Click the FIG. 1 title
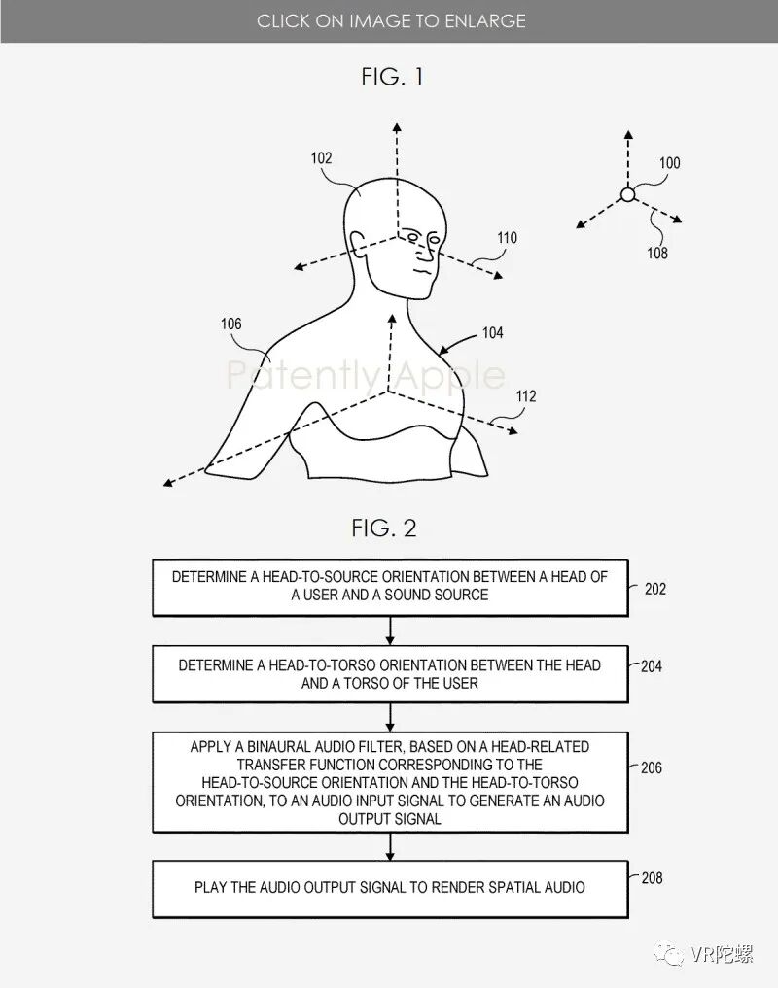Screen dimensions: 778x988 click(392, 76)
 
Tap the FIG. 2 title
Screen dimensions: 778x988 click(384, 528)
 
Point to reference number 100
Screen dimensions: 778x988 click(670, 163)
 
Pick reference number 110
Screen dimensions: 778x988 click(507, 237)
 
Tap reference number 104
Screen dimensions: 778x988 click(493, 333)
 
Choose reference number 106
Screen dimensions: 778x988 click(230, 324)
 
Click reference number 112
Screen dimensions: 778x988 click(526, 396)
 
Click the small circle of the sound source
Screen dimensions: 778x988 click(627, 194)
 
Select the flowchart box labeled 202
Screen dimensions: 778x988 click(389, 587)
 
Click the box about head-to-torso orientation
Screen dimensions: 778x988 click(389, 673)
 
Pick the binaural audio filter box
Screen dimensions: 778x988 click(389, 782)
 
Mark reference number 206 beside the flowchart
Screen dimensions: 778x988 click(651, 767)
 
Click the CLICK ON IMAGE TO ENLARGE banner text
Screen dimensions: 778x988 click(391, 20)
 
